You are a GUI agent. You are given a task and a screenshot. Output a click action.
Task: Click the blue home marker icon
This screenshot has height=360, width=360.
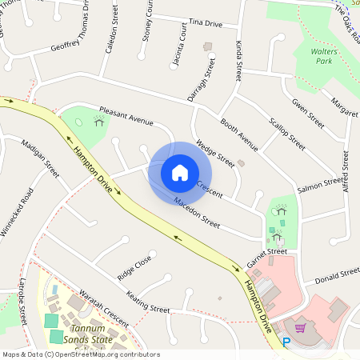(x=180, y=172)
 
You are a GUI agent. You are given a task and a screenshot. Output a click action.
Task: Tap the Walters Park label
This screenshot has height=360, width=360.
(x=324, y=55)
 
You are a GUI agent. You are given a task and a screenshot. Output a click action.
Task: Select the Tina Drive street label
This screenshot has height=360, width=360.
(x=204, y=24)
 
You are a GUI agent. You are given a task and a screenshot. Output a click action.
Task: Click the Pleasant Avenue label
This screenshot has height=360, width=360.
(x=126, y=116)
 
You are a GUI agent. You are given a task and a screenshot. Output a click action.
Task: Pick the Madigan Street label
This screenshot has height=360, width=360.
(x=41, y=158)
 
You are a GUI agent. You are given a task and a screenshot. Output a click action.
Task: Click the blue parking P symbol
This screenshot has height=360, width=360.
(x=286, y=342)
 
